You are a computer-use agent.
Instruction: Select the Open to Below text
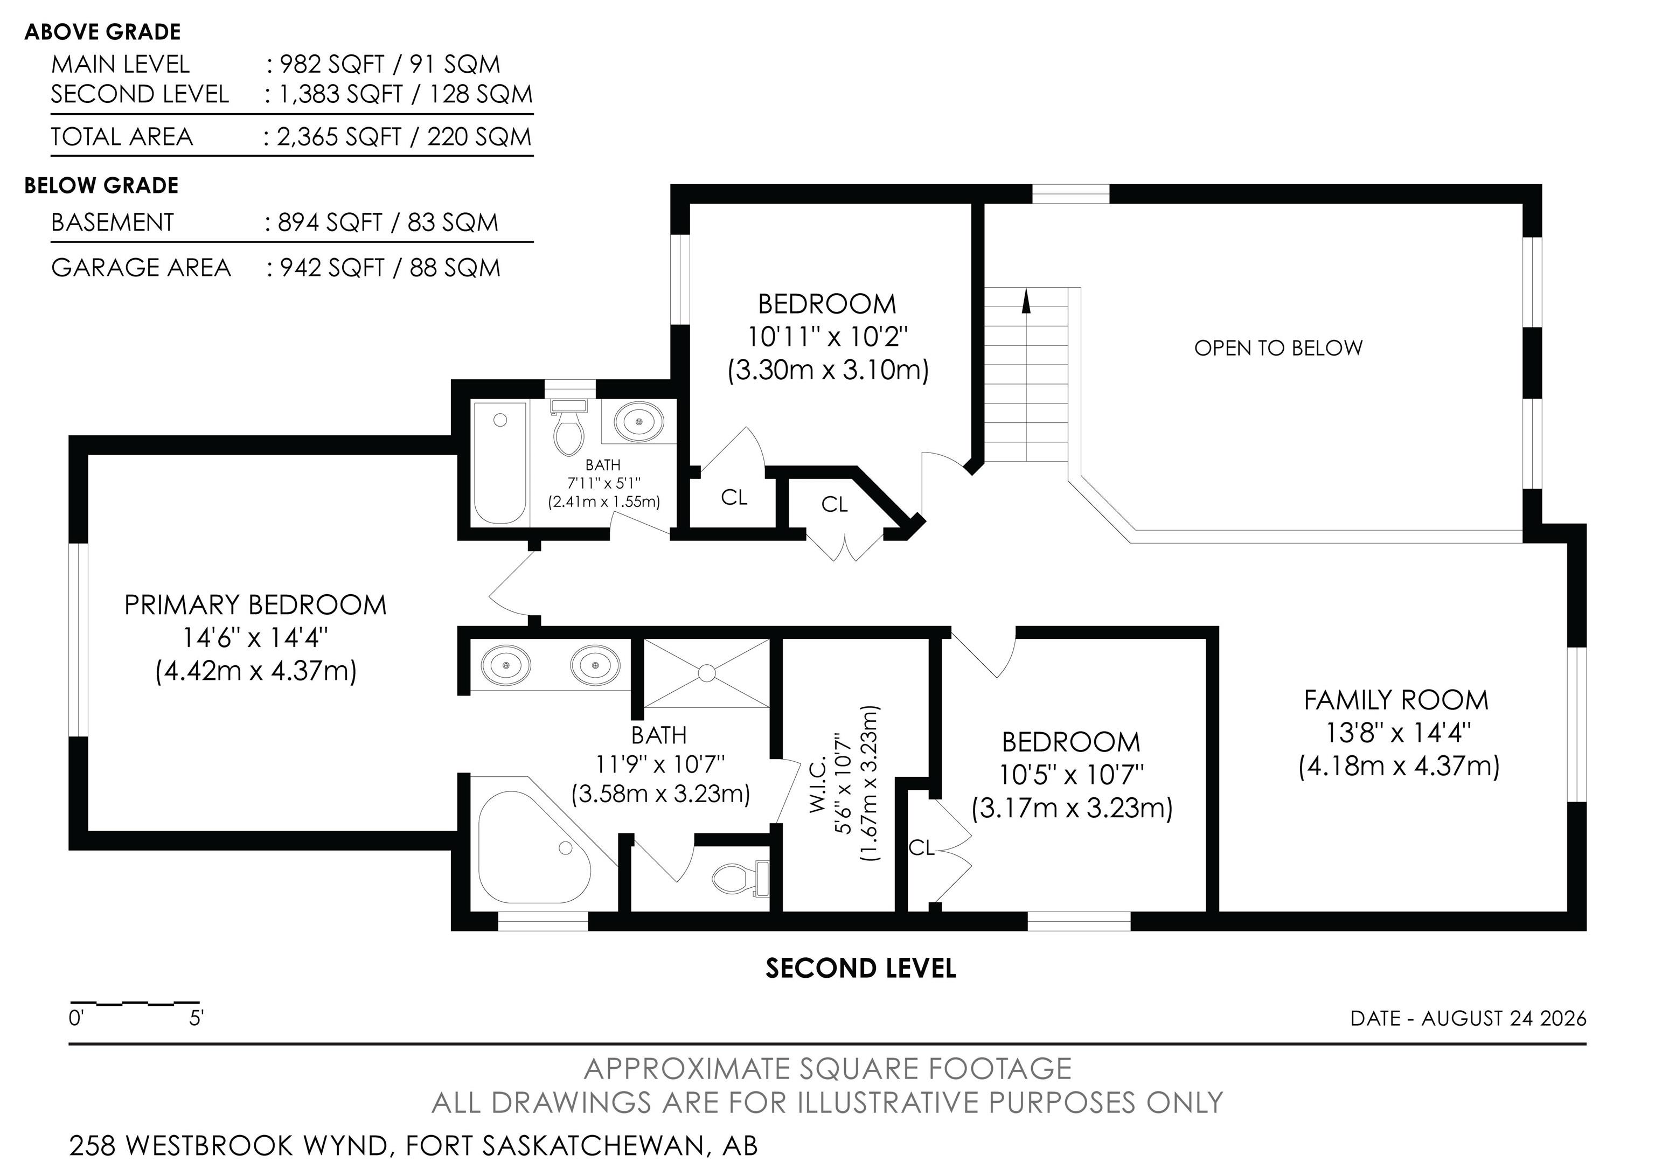point(1278,348)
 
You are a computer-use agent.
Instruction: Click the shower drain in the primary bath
point(706,673)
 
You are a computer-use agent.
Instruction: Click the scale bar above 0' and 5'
point(135,1003)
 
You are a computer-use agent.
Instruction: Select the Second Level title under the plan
point(861,968)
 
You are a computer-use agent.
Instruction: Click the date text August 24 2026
point(1504,1018)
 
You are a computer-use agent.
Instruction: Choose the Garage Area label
point(141,267)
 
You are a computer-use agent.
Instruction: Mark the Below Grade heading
point(102,185)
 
